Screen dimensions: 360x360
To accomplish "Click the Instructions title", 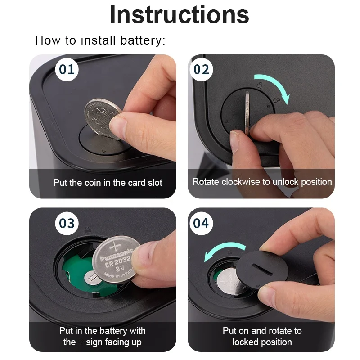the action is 180,14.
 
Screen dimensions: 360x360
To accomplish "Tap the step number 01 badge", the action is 67,69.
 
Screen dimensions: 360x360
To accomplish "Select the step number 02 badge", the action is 201,69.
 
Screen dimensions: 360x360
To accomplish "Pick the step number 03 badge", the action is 67,223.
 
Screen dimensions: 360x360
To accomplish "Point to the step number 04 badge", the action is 201,223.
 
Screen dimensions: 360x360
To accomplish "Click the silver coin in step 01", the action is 102,118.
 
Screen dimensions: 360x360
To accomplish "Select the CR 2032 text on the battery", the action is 118,261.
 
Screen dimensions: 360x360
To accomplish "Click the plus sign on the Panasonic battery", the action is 115,247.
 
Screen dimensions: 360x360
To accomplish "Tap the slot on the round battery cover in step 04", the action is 262,269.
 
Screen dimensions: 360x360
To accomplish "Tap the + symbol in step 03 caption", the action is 81,342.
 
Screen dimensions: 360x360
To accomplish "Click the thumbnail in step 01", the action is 117,125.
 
